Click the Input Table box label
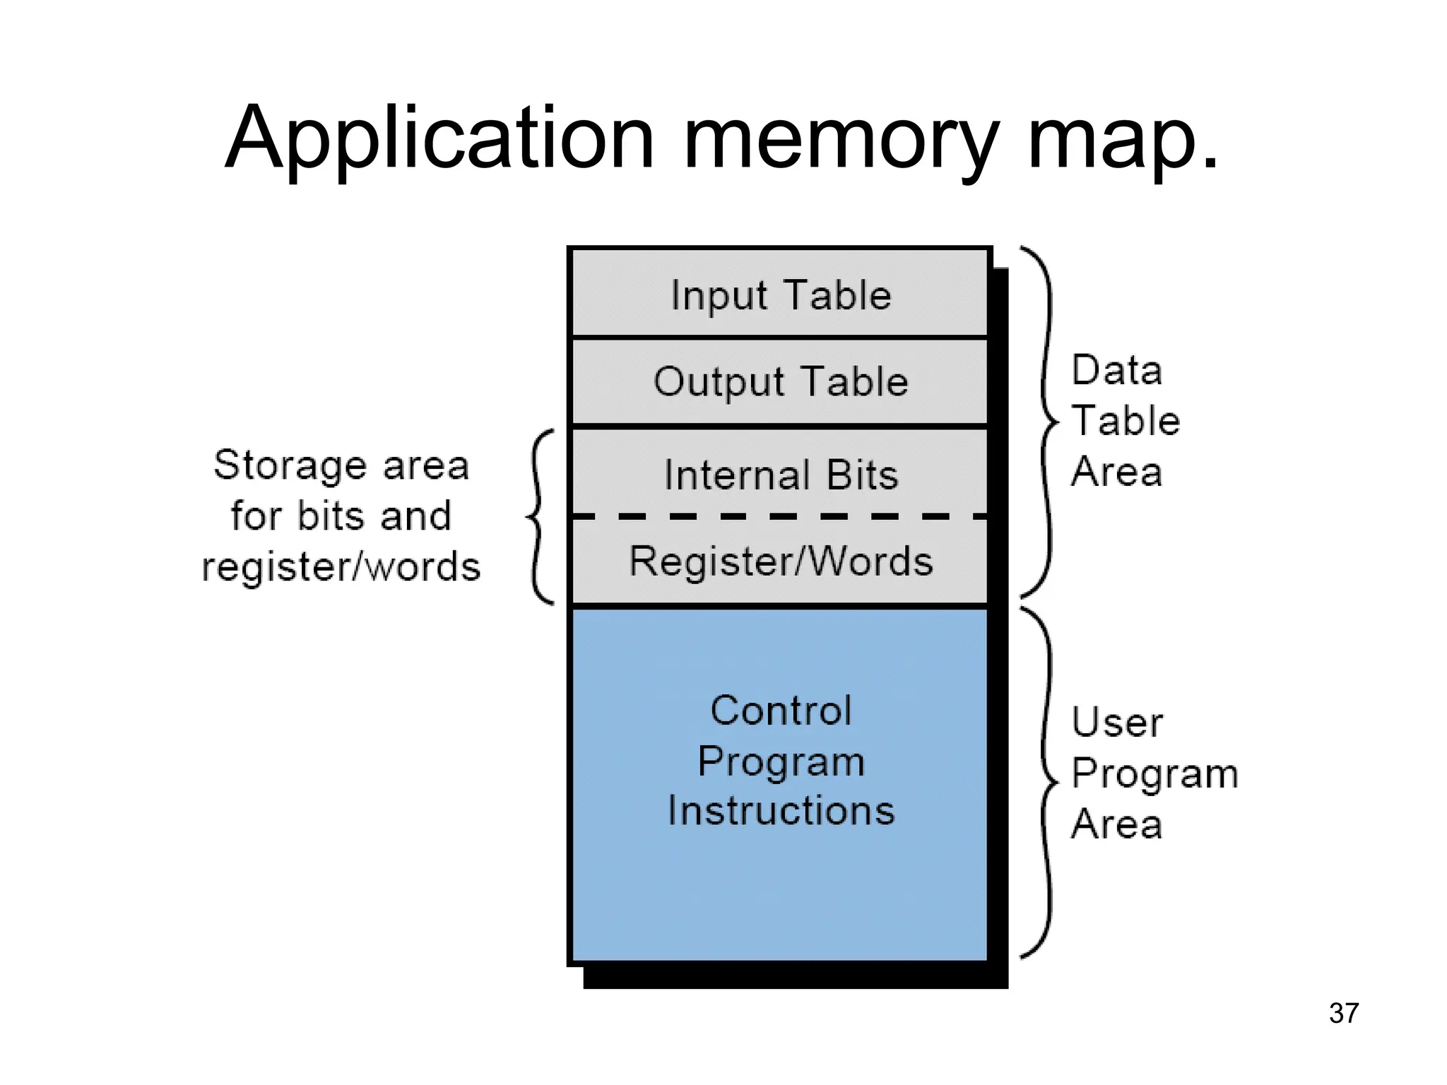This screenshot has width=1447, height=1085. pyautogui.click(x=781, y=295)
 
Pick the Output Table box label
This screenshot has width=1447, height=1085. pyautogui.click(x=781, y=382)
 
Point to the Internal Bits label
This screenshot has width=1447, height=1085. pyautogui.click(x=781, y=475)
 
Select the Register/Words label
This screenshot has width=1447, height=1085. pyautogui.click(x=781, y=562)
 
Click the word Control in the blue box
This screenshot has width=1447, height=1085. pyautogui.click(x=781, y=711)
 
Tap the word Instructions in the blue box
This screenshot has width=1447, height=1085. pyautogui.click(x=781, y=810)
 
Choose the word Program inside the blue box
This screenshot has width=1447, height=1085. pyautogui.click(x=781, y=761)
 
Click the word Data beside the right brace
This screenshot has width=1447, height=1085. pyautogui.click(x=1116, y=370)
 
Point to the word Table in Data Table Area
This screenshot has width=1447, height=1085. pyautogui.click(x=1126, y=421)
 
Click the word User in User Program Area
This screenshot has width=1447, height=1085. pyautogui.click(x=1116, y=723)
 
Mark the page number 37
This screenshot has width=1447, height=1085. pyautogui.click(x=1343, y=1013)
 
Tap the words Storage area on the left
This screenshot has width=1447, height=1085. pyautogui.click(x=341, y=466)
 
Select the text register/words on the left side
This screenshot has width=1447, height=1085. pyautogui.click(x=341, y=567)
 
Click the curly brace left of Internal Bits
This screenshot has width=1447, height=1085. pyautogui.click(x=538, y=517)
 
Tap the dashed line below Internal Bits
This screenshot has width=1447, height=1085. pyautogui.click(x=781, y=517)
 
